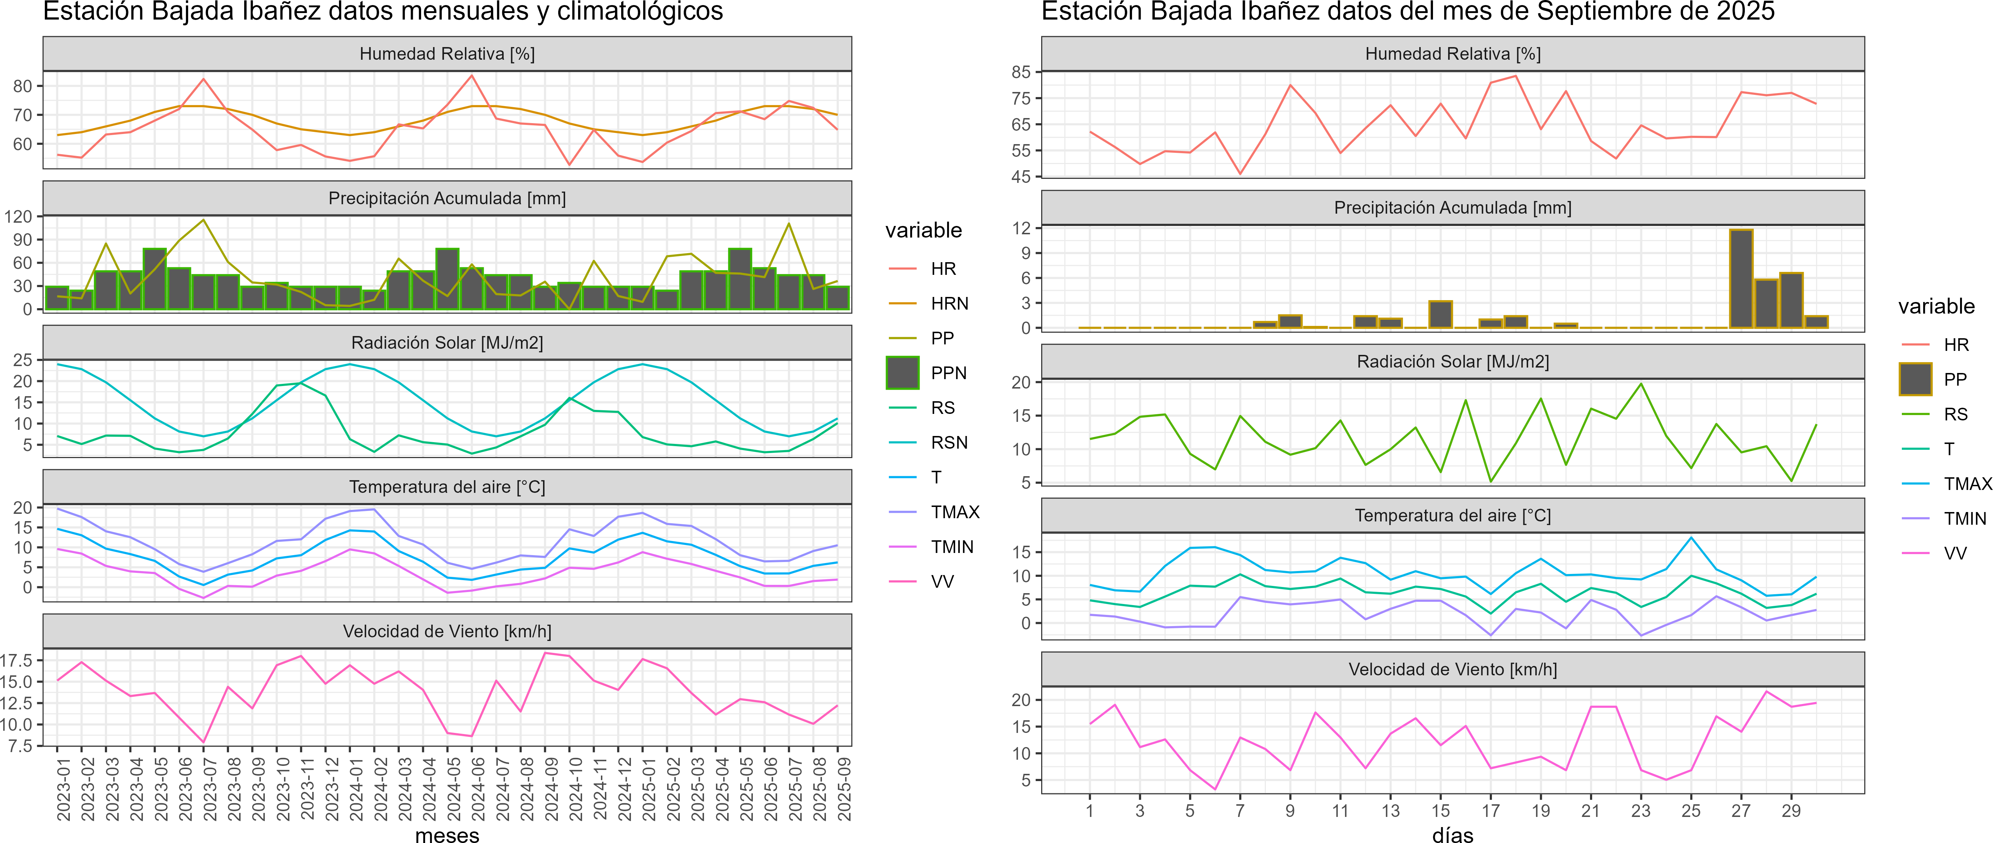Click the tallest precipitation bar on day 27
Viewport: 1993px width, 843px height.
point(1741,279)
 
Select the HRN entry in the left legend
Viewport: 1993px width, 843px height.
point(949,303)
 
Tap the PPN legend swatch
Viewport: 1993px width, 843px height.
point(902,373)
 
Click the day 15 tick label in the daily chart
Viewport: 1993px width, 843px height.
point(1441,810)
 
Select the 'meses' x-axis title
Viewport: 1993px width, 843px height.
point(447,834)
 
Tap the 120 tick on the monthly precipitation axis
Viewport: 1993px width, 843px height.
point(18,217)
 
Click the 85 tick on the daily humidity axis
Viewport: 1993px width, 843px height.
point(1021,72)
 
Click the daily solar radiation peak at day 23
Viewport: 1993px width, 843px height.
point(1641,384)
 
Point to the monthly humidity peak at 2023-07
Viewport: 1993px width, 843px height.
point(203,79)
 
